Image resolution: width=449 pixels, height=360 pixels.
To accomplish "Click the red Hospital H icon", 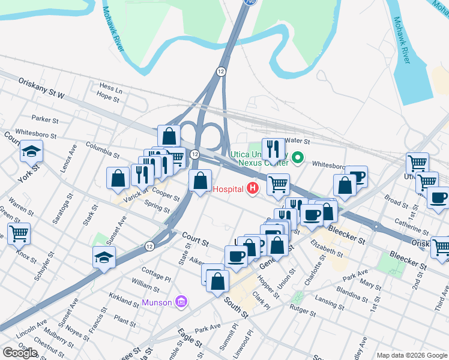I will click(253, 188).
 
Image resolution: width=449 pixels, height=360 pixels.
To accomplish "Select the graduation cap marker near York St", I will click(31, 152).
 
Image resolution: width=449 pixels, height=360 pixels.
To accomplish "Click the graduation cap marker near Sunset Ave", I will click(104, 257).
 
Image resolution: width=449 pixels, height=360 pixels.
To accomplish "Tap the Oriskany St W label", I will click(41, 87).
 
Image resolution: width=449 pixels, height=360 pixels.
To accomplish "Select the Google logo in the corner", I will click(20, 353).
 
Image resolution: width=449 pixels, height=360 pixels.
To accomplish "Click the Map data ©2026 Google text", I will click(411, 355).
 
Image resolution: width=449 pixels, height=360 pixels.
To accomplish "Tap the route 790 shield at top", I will click(249, 3).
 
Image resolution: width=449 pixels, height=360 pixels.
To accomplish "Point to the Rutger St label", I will click(303, 311).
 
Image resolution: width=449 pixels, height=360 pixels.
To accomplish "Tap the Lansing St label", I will click(329, 302).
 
